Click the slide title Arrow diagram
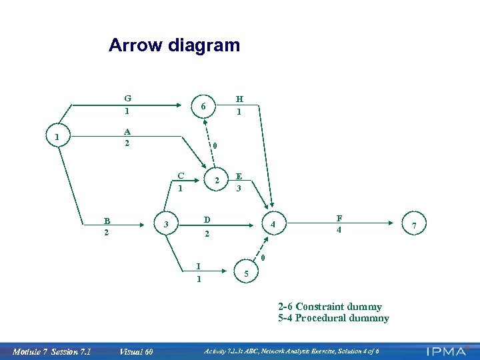[174, 45]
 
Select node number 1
[58, 138]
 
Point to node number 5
[247, 273]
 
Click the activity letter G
[127, 99]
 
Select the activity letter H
[239, 99]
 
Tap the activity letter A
[127, 131]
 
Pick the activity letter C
[180, 176]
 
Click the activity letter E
[239, 177]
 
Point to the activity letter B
[106, 221]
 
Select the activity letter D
[207, 220]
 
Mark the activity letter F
[339, 218]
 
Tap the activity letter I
[198, 267]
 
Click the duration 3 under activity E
[239, 189]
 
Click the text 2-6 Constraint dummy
[330, 307]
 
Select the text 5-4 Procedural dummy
[333, 318]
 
